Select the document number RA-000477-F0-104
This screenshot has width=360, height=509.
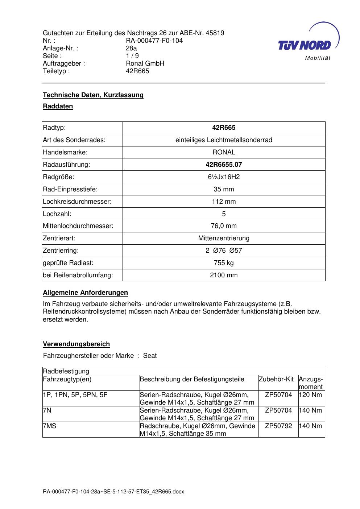tap(154, 41)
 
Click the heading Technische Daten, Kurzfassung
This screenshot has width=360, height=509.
tap(93, 95)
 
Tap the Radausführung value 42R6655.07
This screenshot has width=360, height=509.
tap(224, 165)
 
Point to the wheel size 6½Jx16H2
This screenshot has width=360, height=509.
tap(224, 177)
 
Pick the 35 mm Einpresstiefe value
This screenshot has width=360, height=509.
tap(224, 189)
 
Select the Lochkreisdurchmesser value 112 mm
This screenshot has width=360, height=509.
tap(224, 202)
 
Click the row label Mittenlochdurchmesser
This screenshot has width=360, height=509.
tap(78, 226)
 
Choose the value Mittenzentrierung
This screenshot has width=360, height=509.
tap(224, 238)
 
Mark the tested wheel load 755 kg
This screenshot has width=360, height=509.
tap(224, 263)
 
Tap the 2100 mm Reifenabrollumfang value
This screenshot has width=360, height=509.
tap(224, 275)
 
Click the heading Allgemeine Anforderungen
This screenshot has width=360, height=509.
tap(85, 293)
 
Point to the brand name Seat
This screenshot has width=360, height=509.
tap(150, 356)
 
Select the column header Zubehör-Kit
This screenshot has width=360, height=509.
tap(276, 379)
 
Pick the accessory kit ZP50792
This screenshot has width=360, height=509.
tap(278, 426)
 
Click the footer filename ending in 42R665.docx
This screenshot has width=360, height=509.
tap(113, 492)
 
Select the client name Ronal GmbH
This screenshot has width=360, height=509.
tap(145, 63)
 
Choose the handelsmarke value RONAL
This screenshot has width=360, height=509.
tap(224, 152)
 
